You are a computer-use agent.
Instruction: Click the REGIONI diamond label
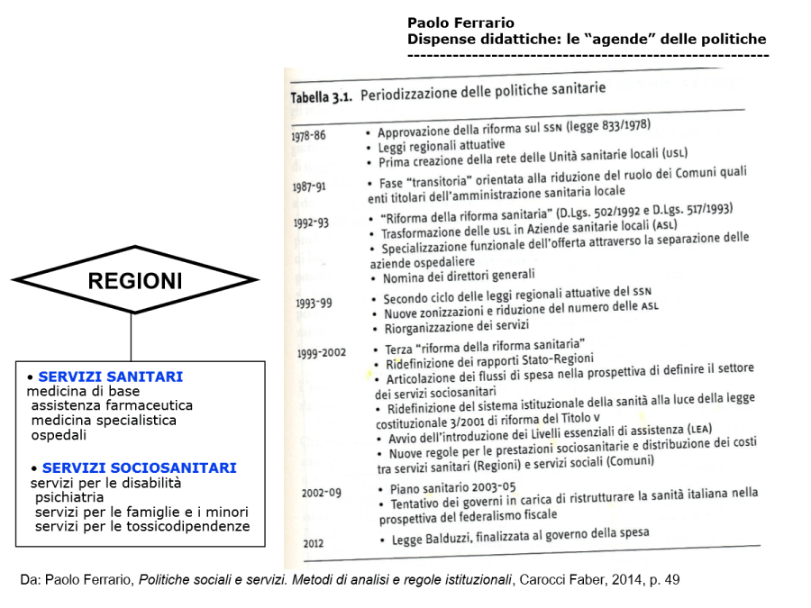135,282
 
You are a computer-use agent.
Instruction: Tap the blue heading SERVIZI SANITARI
111,377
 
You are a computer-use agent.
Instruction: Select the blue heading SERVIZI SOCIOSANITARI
139,468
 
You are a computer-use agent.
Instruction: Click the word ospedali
59,435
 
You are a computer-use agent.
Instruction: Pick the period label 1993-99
314,303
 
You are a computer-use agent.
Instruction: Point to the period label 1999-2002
322,353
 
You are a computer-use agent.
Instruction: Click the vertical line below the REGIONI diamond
132,338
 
